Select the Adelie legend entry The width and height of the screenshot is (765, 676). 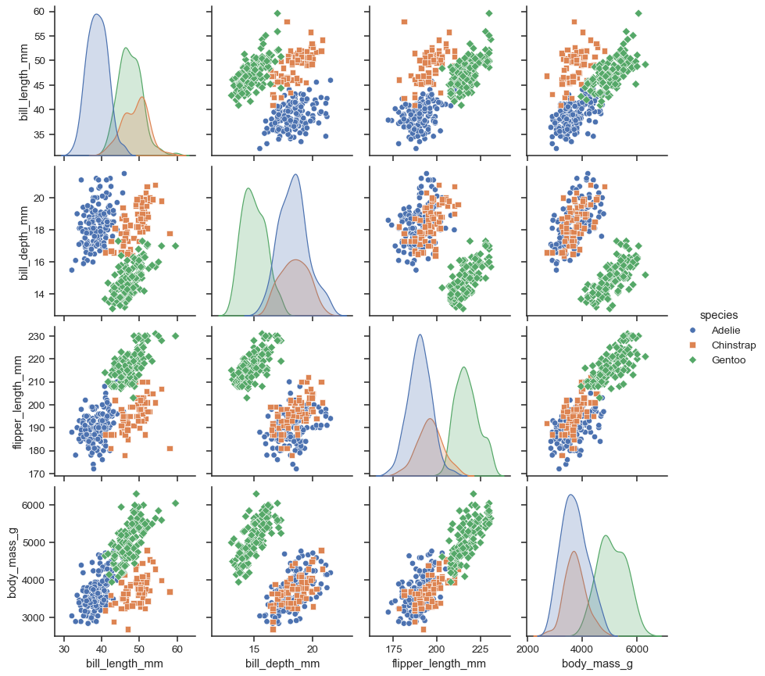[726, 331]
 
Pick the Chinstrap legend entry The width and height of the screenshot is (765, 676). [734, 345]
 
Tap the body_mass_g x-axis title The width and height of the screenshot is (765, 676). [597, 664]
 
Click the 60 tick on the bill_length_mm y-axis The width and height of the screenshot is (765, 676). [39, 11]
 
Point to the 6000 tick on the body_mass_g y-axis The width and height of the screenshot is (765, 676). [34, 505]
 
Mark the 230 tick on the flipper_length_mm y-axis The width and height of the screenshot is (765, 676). [36, 336]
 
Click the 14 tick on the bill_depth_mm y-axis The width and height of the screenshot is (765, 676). [39, 294]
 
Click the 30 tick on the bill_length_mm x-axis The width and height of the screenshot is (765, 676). [64, 648]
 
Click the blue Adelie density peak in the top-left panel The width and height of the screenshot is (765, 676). [96, 14]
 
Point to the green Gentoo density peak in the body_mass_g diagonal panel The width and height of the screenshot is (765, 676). [606, 535]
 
